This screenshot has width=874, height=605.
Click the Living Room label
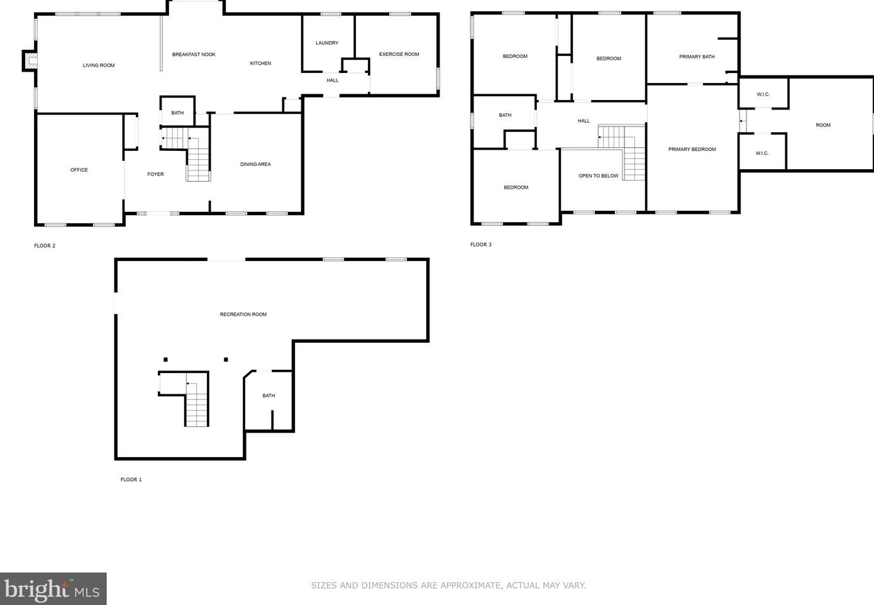98,65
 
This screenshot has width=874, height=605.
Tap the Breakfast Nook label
194,54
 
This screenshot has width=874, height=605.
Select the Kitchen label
260,64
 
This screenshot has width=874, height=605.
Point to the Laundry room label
327,43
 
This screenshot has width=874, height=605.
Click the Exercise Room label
399,54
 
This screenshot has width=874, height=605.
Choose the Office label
79,170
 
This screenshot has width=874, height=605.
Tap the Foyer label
155,174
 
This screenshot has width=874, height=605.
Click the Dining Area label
255,164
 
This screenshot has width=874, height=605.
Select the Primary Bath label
697,57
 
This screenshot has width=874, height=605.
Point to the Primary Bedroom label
692,149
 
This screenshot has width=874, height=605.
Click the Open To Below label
598,175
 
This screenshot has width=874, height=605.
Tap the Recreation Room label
243,314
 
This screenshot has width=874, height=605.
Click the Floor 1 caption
131,479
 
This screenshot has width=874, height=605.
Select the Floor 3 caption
480,245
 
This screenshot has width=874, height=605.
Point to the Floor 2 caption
45,245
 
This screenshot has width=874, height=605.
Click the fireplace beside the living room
30,61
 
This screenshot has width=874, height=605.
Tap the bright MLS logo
53,589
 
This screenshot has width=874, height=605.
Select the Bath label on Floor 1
268,396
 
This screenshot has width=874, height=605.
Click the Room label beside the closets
823,125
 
